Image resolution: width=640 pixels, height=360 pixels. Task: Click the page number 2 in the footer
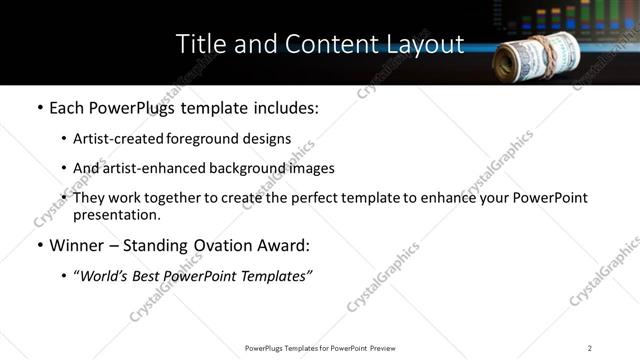pos(589,348)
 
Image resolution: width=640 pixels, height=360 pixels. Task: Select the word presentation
pos(114,214)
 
